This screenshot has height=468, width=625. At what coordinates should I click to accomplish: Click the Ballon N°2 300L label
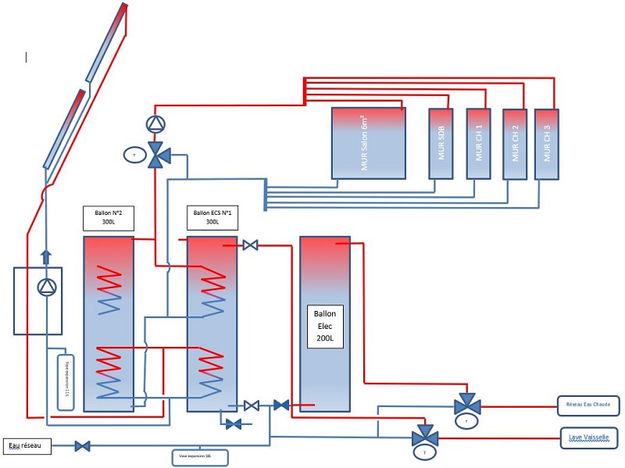(109, 217)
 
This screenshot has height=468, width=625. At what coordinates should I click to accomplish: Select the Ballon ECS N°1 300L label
(212, 217)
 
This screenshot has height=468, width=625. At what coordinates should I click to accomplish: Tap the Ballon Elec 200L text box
(325, 324)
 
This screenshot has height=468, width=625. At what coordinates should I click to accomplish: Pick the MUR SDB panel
(441, 144)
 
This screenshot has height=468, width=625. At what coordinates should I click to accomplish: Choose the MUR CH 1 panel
(478, 144)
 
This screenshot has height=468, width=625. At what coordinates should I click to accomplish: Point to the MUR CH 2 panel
(514, 145)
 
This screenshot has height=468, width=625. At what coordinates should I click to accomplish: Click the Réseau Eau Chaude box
(589, 405)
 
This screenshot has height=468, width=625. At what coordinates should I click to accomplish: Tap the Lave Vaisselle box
(589, 437)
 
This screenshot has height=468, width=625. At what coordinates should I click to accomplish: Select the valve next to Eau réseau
(82, 446)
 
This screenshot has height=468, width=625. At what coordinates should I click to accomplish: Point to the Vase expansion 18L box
(200, 455)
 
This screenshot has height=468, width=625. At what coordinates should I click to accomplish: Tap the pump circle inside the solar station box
(47, 288)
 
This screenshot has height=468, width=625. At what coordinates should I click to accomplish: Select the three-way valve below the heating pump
(159, 154)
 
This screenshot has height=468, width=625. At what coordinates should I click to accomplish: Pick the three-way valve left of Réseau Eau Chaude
(469, 405)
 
